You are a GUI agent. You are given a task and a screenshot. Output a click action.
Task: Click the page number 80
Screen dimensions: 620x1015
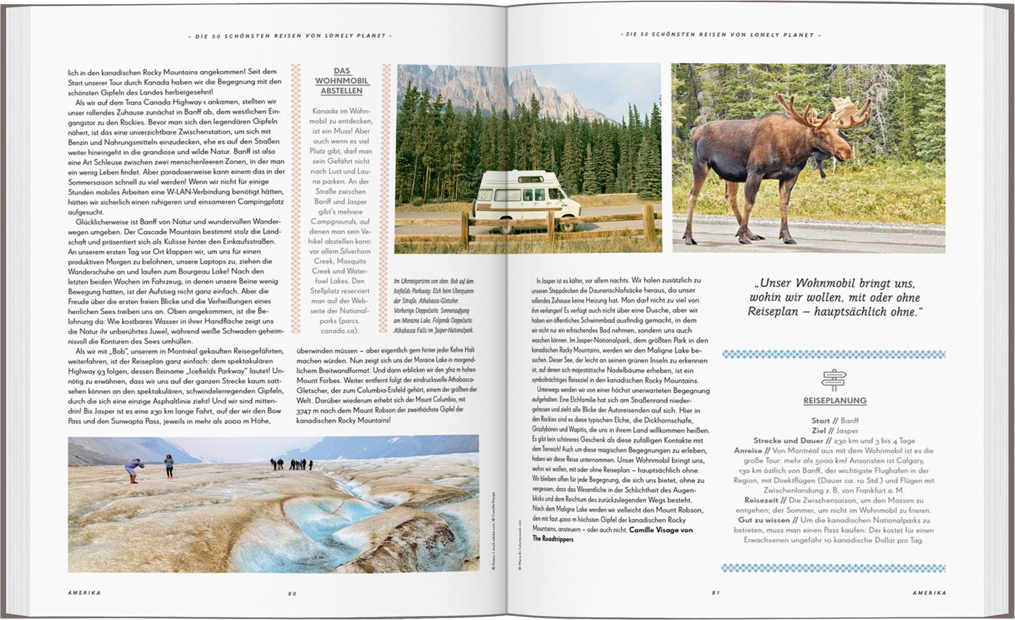point(292,594)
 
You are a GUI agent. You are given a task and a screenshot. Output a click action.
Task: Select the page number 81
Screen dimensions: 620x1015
point(715,594)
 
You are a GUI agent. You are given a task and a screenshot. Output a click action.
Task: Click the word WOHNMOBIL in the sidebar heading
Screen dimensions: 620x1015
point(342,81)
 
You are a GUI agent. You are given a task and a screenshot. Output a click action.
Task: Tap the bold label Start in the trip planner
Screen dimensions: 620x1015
point(821,420)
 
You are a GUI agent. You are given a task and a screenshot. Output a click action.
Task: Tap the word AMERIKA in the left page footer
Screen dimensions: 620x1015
point(85,594)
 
